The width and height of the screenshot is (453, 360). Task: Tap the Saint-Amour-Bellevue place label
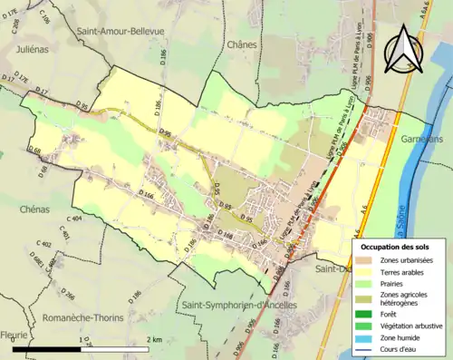[120, 30]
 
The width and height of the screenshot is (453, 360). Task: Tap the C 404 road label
[73, 219]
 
